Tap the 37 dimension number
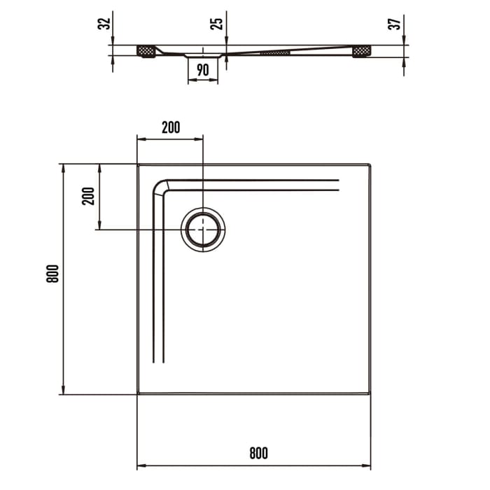point(396,23)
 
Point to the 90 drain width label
point(203,70)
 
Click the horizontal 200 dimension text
point(170,127)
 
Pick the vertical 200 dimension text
point(88,197)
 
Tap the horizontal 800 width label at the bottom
point(258,453)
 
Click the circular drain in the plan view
point(203,229)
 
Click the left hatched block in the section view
point(146,51)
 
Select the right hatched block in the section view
point(362,51)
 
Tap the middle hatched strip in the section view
point(274,52)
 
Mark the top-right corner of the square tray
point(370,165)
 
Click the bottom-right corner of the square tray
point(370,394)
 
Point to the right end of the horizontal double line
point(339,185)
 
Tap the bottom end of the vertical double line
point(158,362)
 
